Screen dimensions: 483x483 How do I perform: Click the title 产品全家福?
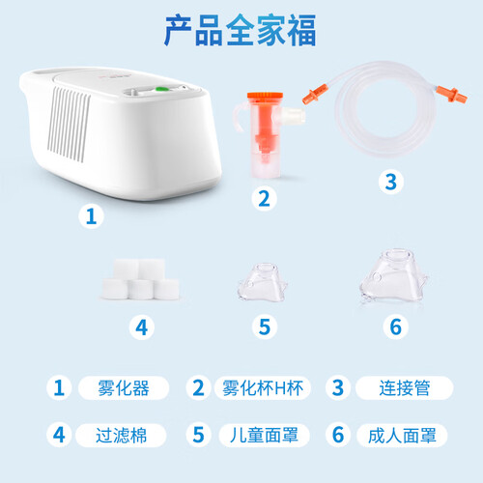(x=241, y=31)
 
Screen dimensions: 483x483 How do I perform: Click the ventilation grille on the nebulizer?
(x=69, y=125)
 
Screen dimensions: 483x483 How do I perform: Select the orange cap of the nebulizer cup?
(x=265, y=98)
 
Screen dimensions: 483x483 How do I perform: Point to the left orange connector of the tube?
(x=315, y=94)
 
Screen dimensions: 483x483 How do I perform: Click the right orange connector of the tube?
(x=452, y=95)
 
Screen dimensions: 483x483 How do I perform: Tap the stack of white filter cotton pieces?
(x=140, y=279)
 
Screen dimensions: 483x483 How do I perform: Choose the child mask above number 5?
(x=263, y=283)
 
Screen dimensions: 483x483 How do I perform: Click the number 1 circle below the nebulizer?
(x=91, y=216)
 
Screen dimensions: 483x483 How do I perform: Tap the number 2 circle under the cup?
(x=264, y=199)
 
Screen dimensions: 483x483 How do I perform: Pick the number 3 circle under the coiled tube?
(x=391, y=182)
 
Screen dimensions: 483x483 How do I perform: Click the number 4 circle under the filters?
(x=142, y=327)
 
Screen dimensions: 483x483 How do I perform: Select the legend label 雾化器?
(x=124, y=388)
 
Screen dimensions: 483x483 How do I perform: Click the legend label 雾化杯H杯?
(x=263, y=388)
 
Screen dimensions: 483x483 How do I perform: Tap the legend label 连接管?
(x=405, y=388)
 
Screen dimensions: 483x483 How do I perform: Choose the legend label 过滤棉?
(x=121, y=436)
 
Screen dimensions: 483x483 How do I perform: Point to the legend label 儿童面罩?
(x=264, y=436)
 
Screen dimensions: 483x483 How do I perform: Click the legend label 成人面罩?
(x=402, y=436)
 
